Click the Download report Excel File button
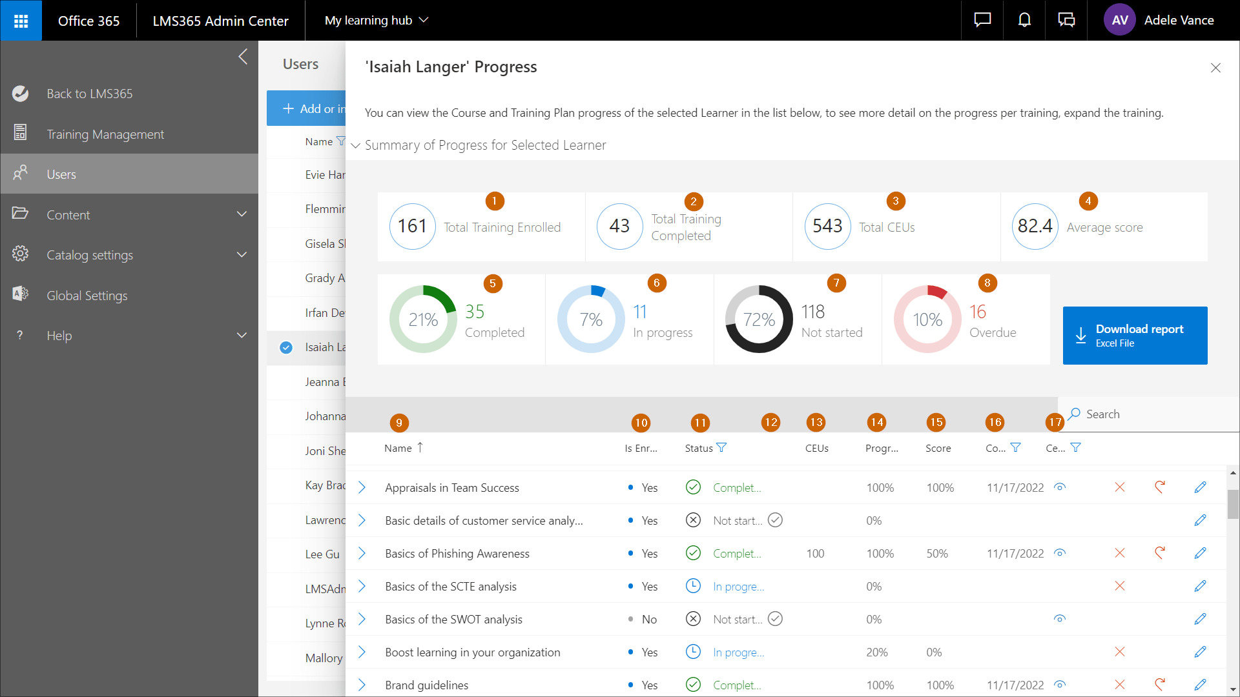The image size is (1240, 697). point(1135,336)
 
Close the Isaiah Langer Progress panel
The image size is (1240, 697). point(1215,68)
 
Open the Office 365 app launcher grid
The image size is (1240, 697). point(21,21)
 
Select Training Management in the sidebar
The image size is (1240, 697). point(105,134)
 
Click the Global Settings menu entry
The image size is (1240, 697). point(87,296)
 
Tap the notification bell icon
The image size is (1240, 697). point(1024,21)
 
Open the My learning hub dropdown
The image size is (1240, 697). point(377,21)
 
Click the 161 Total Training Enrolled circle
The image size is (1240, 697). point(412,227)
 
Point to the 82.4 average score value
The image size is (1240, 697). point(1035,227)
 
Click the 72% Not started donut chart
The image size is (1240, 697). point(759,319)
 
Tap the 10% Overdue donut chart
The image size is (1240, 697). point(927,319)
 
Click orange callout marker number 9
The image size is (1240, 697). point(399,423)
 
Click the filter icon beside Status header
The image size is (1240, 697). point(721,448)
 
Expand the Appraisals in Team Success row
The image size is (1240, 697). point(362,488)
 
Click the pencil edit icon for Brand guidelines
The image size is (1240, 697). point(1200,685)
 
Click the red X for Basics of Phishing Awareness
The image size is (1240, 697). point(1120,554)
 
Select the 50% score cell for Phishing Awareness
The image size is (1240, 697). point(937,554)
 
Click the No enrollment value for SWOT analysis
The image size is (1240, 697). point(649,620)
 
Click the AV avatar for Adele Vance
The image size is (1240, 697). point(1120,21)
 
